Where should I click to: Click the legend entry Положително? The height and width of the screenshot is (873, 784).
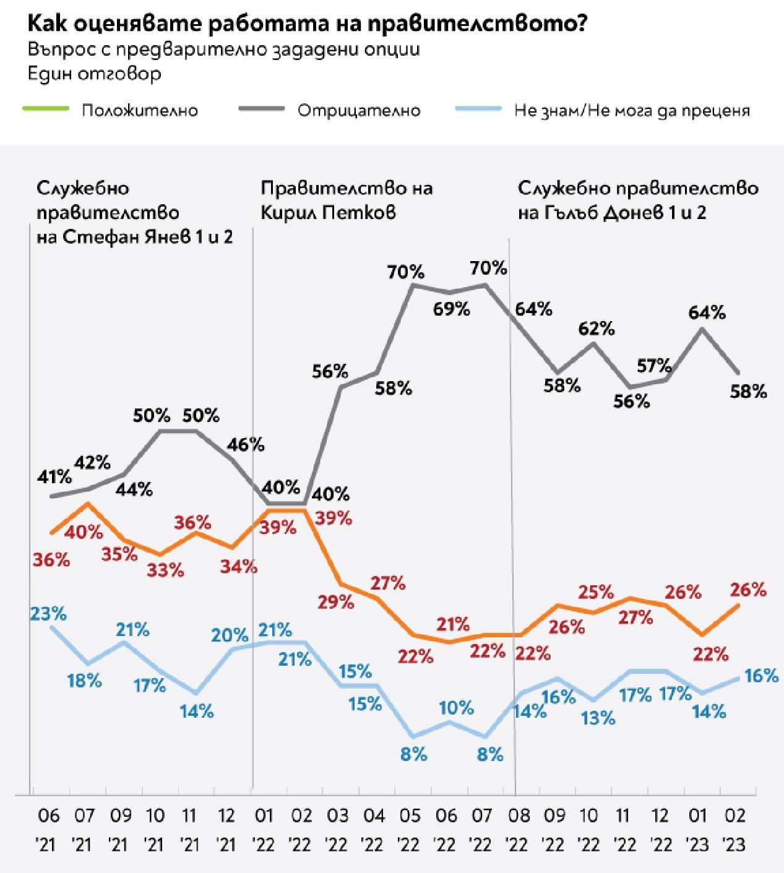139,111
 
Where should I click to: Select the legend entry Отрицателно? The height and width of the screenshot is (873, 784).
358,111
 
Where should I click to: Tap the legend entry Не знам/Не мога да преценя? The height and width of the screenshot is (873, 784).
632,111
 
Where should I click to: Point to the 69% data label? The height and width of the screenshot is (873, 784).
451,309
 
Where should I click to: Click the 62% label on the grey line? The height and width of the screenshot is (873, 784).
597,329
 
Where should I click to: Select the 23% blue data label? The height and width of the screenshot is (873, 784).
48,614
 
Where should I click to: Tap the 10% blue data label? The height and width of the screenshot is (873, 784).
457,707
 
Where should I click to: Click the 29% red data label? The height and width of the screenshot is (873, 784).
337,601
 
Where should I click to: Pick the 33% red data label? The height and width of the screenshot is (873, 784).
166,570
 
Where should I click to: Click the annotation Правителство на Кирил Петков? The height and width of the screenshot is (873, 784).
346,200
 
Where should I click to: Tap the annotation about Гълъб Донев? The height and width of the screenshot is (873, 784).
637,200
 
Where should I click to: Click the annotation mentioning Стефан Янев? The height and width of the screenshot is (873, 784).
134,212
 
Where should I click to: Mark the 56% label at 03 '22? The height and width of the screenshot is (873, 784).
330,371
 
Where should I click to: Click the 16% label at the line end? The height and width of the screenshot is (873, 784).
761,676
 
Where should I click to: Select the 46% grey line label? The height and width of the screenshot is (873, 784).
247,444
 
